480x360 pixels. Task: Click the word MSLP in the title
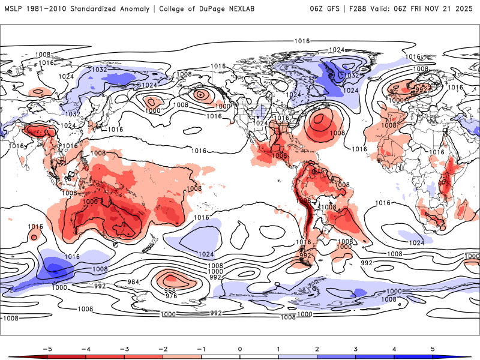[x=14, y=9]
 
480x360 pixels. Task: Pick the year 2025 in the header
[x=464, y=9]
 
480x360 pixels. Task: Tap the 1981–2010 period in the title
[x=46, y=9]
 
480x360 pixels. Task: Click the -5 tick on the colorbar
[x=47, y=348]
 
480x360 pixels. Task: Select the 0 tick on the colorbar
[x=239, y=348]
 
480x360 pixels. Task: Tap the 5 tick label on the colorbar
[x=432, y=348]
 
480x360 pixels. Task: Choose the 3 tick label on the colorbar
[x=355, y=348]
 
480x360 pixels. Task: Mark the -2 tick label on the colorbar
[x=163, y=348]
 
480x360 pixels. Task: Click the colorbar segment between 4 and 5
[x=413, y=357]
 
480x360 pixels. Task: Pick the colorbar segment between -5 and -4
[x=67, y=357]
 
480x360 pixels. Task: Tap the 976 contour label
[x=171, y=296]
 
